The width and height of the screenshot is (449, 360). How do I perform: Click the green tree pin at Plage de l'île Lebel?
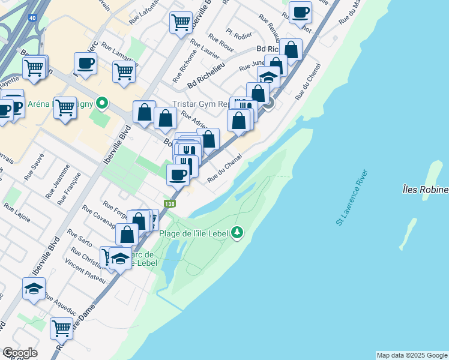[238, 232]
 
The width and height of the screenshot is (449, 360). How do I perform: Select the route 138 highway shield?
[171, 205]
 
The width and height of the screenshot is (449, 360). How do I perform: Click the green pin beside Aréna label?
[101, 103]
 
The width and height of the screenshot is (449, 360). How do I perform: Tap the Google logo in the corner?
[20, 353]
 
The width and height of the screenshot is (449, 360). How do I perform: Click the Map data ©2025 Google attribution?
[412, 355]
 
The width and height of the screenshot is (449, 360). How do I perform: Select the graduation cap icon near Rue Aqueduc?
[34, 289]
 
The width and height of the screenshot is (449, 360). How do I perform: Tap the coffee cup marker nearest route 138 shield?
[178, 175]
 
